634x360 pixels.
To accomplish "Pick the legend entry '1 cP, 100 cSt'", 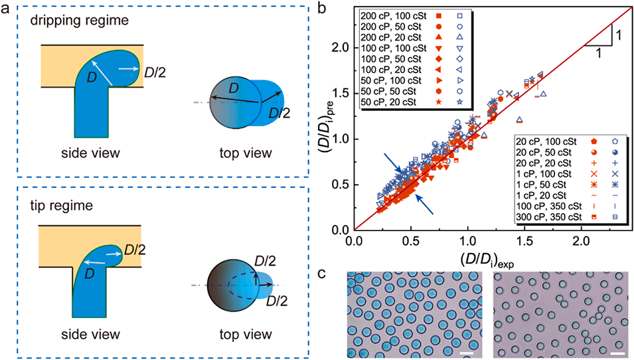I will click(x=543, y=172).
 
